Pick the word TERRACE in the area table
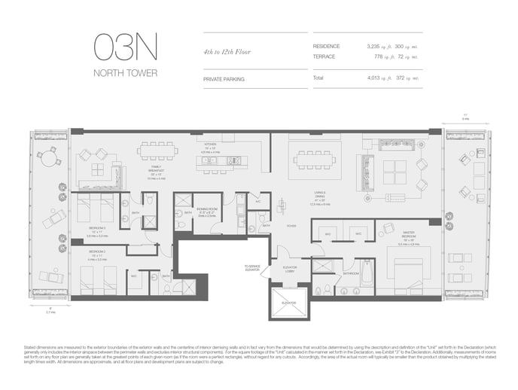tap(325, 56)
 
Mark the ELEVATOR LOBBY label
tap(291, 270)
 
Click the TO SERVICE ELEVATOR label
tap(252, 268)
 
